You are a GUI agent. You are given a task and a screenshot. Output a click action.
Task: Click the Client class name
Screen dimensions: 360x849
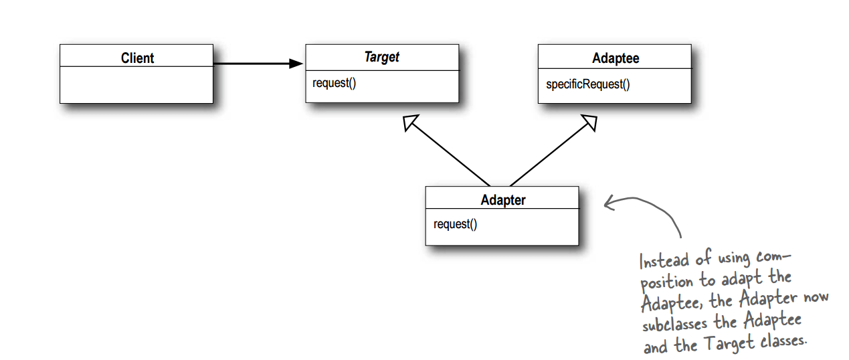click(137, 58)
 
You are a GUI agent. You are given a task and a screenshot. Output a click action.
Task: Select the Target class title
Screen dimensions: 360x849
click(381, 58)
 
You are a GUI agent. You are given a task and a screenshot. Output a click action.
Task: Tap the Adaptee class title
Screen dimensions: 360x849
click(615, 58)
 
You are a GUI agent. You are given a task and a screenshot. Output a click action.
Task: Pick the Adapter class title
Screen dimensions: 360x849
click(502, 200)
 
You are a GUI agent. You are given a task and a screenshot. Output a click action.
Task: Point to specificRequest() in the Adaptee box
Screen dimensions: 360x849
click(587, 84)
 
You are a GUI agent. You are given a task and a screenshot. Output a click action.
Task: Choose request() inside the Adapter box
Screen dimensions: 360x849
click(455, 224)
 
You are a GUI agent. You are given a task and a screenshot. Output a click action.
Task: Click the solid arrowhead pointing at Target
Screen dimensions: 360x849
click(296, 64)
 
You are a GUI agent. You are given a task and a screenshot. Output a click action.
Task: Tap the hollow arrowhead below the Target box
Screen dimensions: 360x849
click(410, 122)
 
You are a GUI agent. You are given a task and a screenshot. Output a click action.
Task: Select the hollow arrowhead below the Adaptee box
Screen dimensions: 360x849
click(588, 122)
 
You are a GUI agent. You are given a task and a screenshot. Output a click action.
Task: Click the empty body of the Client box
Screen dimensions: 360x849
click(136, 85)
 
